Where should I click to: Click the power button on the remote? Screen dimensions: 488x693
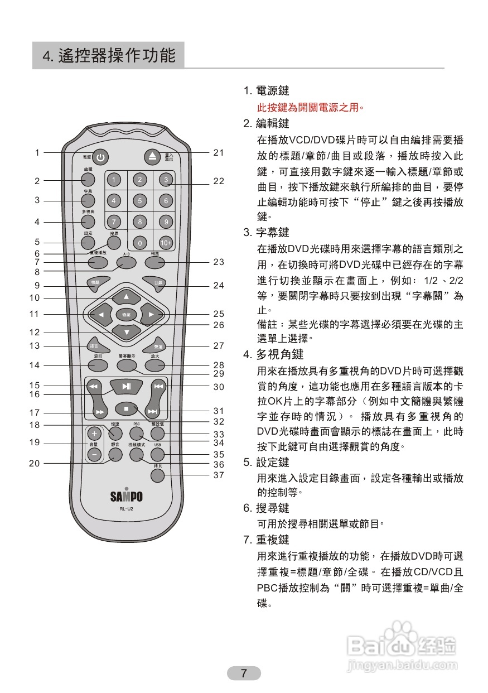tap(100, 157)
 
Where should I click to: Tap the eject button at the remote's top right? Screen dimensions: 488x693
tap(153, 157)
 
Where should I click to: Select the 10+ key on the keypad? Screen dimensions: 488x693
tap(166, 243)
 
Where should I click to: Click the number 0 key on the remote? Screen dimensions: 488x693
tap(139, 243)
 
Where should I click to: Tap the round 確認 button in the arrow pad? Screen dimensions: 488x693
tap(127, 315)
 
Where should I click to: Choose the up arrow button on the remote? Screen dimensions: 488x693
tap(126, 296)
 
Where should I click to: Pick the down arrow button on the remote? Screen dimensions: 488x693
tap(127, 333)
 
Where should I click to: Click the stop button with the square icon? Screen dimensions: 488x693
tap(127, 409)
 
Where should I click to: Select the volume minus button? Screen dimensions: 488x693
tap(94, 455)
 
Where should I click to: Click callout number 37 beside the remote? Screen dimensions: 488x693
tap(219, 475)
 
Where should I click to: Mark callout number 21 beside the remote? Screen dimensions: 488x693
tap(219, 152)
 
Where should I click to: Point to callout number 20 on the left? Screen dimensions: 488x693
tap(35, 463)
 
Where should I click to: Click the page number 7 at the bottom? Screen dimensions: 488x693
tap(244, 673)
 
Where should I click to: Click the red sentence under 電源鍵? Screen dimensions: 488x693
tap(310, 107)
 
